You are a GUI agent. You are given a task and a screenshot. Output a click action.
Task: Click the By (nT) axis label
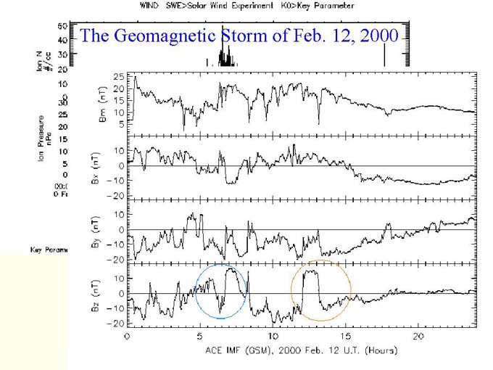[102, 231]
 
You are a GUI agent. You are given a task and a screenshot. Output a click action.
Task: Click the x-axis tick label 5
[200, 337]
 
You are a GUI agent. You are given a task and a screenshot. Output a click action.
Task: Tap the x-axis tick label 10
[273, 337]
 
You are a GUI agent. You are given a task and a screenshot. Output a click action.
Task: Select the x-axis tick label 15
[347, 337]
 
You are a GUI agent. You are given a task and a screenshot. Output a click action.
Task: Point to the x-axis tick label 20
[419, 337]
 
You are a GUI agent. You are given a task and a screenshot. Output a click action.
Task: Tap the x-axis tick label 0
[128, 337]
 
